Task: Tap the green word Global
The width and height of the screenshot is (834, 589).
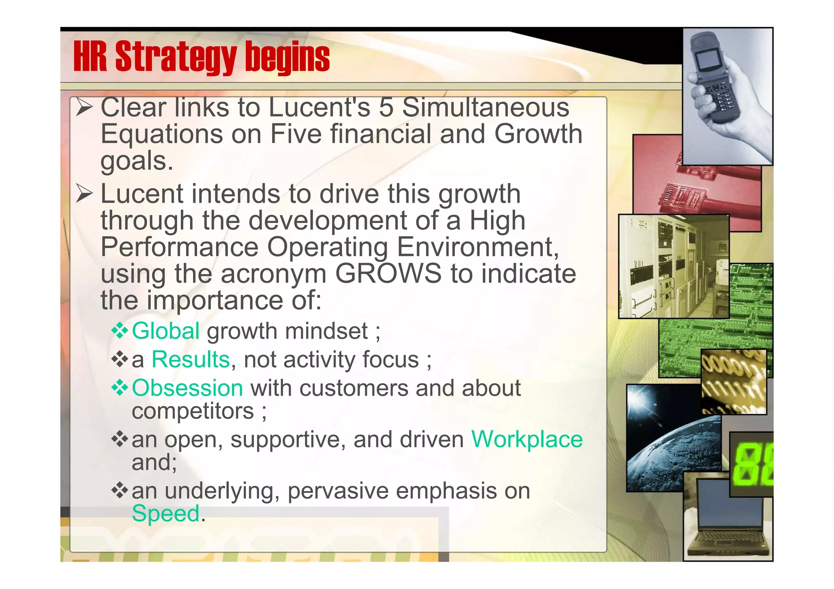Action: point(166,331)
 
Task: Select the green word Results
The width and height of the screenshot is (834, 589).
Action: point(191,359)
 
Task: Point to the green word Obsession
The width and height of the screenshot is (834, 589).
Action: point(187,388)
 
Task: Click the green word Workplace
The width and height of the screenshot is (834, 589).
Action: point(527,439)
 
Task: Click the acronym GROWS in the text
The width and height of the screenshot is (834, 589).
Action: point(388,273)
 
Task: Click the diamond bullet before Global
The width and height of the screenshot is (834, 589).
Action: point(120,331)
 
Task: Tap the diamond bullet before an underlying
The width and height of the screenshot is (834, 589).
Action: point(120,490)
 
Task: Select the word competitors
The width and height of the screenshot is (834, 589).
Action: point(193,411)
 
